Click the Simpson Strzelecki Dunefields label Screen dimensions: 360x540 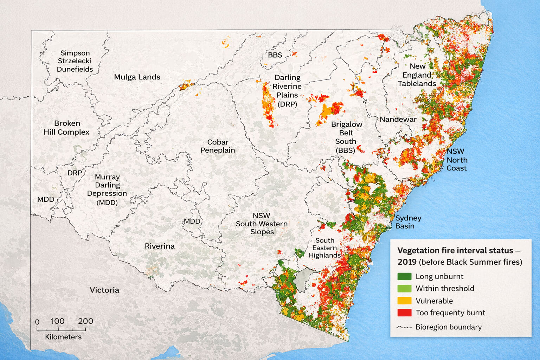click(75, 61)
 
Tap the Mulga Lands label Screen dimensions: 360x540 click(137, 77)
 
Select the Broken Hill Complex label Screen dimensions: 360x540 click(66, 128)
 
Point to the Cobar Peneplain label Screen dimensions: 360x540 click(218, 146)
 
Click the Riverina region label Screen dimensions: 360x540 click(160, 246)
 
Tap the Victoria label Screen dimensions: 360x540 click(104, 290)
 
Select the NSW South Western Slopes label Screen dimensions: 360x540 click(262, 224)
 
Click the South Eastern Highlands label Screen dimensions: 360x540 click(324, 248)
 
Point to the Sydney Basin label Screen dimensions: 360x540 click(408, 222)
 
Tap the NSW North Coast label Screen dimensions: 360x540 click(457, 160)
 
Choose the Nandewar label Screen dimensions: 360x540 click(398, 120)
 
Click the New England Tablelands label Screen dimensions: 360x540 click(417, 75)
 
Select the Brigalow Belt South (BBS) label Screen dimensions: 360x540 click(346, 137)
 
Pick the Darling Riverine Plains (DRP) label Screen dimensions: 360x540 click(287, 91)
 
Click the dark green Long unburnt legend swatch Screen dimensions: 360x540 click(404, 276)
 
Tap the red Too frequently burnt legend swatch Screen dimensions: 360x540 click(404, 313)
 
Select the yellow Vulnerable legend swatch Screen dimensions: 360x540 click(404, 301)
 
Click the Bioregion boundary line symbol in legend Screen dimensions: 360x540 click(404, 327)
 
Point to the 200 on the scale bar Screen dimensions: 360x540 click(85, 321)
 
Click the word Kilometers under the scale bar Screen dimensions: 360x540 click(63, 337)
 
